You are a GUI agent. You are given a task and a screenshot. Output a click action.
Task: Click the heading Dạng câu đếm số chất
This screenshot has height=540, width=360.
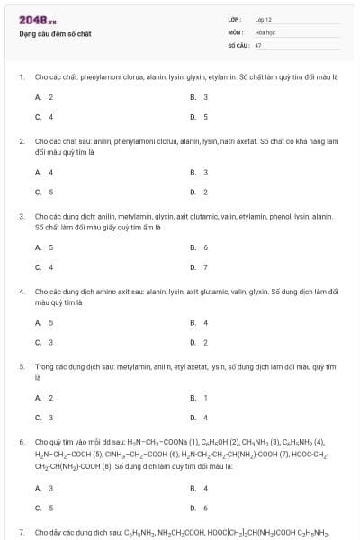55,34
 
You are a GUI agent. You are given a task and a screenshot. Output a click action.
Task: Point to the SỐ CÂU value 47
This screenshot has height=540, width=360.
258,44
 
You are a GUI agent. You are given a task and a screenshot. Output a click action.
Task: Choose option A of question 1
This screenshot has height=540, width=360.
43,97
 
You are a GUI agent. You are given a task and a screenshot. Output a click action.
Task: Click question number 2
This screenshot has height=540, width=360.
22,141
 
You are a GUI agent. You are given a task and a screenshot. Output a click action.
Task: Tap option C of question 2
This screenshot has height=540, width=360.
43,192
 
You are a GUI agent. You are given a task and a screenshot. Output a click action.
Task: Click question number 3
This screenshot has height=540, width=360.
22,216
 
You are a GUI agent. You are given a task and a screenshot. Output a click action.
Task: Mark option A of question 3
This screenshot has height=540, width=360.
43,247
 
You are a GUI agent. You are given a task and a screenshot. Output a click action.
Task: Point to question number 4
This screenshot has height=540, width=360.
22,292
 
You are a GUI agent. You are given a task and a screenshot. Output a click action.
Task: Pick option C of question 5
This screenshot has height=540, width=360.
43,417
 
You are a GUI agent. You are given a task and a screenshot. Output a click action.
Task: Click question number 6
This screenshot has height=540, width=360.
22,442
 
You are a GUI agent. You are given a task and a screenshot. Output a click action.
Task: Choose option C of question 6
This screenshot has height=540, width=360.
43,508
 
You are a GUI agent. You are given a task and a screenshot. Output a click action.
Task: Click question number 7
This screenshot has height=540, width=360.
22,533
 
